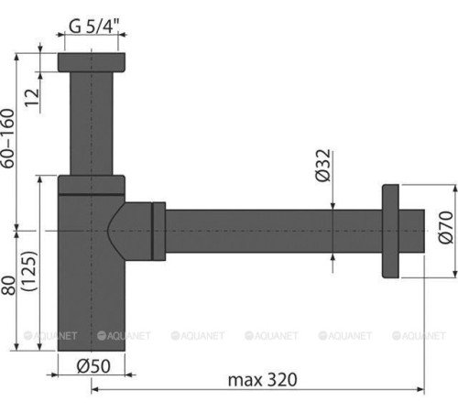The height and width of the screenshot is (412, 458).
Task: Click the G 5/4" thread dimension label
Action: [93, 27]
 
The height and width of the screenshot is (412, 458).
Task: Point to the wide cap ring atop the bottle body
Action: [92, 184]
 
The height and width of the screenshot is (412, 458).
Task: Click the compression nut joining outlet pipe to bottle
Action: [158, 228]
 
